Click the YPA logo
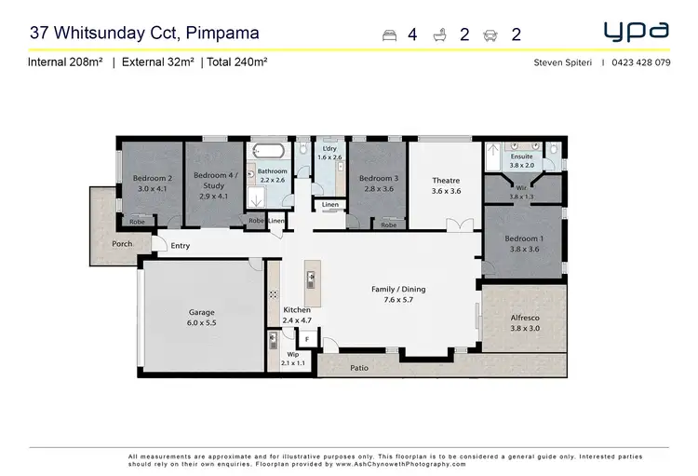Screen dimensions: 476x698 (x=637, y=32)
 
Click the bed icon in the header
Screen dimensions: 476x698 (x=390, y=35)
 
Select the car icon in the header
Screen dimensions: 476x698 (x=490, y=35)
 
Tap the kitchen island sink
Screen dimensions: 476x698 (x=311, y=277)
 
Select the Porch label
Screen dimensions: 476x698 (x=122, y=244)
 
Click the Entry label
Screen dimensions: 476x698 (x=180, y=246)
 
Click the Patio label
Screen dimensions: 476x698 (x=359, y=368)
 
